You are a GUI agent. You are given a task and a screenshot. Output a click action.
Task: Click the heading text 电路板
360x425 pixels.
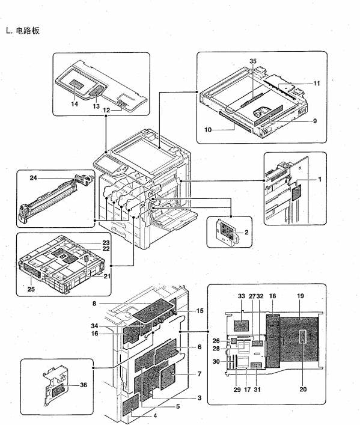tap(28, 30)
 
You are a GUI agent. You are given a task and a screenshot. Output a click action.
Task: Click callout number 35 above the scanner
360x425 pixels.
tap(252, 61)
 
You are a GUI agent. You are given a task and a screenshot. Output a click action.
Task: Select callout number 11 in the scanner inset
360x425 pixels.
tap(317, 83)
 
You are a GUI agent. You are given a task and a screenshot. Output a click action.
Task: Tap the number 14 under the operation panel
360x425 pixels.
tap(75, 104)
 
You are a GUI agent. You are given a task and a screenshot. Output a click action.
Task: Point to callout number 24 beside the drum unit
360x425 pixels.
tap(33, 178)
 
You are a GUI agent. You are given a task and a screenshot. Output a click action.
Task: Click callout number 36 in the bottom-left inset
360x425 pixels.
tap(84, 385)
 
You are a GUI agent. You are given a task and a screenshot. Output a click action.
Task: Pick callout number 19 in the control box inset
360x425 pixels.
tap(300, 296)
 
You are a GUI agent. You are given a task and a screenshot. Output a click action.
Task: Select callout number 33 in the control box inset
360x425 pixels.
tap(241, 296)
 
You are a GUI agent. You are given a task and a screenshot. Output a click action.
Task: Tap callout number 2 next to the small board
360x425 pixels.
tap(246, 232)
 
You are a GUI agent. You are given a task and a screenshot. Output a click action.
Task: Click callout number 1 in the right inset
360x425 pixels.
tap(320, 179)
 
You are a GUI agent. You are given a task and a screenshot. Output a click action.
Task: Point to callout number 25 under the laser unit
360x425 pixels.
tap(31, 289)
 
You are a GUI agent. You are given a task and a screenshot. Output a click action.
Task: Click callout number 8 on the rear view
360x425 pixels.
tap(94, 304)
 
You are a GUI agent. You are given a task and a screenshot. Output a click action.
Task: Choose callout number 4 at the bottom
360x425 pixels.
tap(155, 415)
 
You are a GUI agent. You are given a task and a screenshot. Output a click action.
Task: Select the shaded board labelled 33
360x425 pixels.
tap(241, 326)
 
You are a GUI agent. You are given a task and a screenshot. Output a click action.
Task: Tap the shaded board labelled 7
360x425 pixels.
tap(168, 377)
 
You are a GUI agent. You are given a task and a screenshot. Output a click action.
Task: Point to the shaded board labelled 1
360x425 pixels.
tap(296, 192)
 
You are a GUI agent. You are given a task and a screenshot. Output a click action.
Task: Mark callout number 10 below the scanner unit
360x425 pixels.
tap(208, 130)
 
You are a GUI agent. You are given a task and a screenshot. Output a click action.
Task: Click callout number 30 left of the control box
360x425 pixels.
tap(216, 361)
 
